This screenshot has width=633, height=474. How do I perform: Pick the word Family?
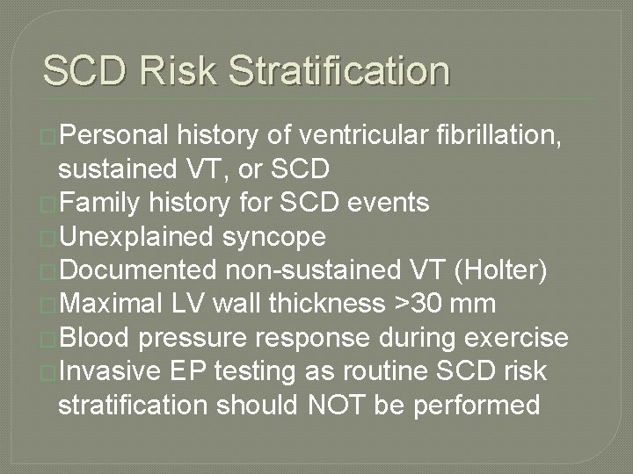[x=98, y=204]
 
